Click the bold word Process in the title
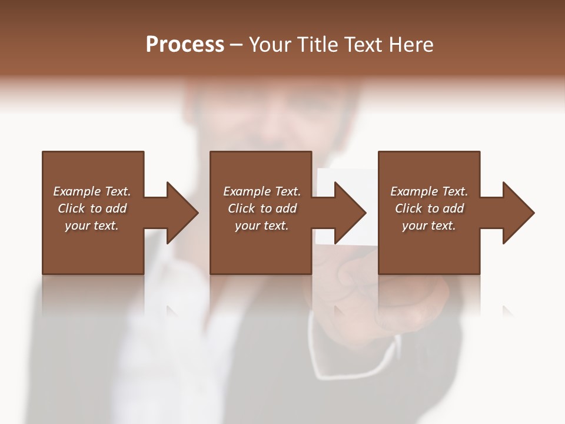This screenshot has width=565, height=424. [185, 45]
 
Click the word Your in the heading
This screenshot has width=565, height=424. [271, 45]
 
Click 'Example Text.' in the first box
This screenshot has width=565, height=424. [92, 191]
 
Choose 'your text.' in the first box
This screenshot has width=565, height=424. [92, 226]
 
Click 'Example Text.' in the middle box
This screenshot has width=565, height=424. [262, 191]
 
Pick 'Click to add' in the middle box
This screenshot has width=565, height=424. [262, 208]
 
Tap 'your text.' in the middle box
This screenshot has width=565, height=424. [262, 226]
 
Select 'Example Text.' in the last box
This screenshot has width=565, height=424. [429, 191]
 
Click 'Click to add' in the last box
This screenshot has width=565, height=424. [429, 208]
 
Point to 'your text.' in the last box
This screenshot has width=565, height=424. [429, 226]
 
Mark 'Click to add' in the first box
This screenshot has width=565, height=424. [92, 208]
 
